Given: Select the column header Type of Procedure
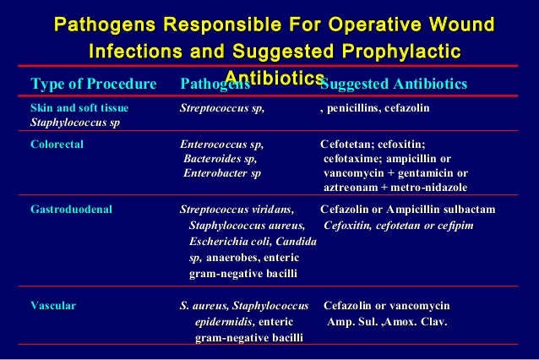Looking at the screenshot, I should click(x=94, y=85).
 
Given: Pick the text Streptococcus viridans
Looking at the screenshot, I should click(x=237, y=210).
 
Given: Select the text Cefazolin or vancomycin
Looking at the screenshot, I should click(x=386, y=305).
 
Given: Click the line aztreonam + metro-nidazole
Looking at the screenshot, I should click(x=395, y=188).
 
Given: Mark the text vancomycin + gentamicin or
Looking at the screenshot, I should click(x=395, y=173).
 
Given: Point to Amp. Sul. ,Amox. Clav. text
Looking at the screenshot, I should click(x=387, y=322).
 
